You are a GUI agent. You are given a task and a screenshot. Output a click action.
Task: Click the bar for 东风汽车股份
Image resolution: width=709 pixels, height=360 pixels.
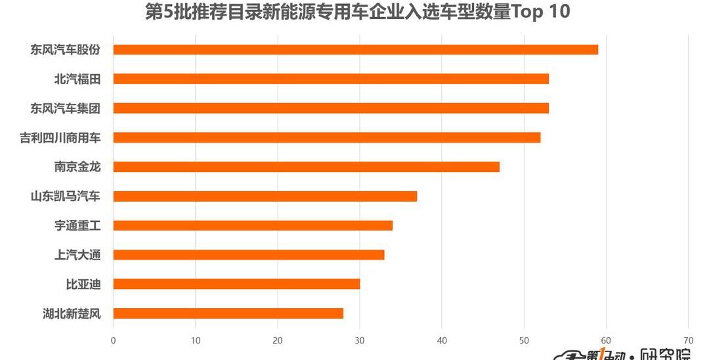tap(355, 49)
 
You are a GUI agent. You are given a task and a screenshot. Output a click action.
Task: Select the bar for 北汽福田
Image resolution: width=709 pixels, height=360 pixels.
tap(331, 79)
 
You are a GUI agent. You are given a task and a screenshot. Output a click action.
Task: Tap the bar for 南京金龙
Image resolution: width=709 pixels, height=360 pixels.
tap(306, 167)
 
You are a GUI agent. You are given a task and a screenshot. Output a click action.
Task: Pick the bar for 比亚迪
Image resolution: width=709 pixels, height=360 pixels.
tap(236, 284)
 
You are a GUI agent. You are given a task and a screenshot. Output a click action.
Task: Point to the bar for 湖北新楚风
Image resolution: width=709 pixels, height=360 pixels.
tap(228, 313)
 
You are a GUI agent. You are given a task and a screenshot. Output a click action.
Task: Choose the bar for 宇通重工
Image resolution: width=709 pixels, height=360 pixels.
tap(253, 225)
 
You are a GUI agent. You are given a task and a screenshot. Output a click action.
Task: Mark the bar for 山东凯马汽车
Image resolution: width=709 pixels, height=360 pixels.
tap(265, 196)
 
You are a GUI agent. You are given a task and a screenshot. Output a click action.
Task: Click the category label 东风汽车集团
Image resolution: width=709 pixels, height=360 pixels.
tap(66, 108)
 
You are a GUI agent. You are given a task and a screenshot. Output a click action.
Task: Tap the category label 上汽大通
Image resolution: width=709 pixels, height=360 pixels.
tap(77, 255)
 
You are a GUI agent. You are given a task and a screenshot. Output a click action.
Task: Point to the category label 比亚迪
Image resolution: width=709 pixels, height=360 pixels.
tap(83, 284)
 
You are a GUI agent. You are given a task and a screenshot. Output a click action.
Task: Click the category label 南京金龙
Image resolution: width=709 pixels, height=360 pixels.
tap(77, 167)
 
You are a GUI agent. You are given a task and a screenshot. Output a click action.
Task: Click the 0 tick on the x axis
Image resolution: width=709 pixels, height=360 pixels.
tap(114, 340)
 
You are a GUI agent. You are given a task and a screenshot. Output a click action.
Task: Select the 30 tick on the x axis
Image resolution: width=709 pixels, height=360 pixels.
tap(360, 340)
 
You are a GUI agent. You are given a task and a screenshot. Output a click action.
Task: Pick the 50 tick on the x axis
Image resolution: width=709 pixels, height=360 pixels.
tap(524, 340)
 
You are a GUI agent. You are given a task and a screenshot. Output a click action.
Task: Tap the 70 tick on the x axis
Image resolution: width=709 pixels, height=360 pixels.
tap(688, 340)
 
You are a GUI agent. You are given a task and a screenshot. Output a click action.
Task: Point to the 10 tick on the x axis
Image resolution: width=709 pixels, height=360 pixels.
tap(196, 340)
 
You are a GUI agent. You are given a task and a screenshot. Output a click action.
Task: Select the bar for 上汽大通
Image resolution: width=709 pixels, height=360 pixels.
tap(249, 255)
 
